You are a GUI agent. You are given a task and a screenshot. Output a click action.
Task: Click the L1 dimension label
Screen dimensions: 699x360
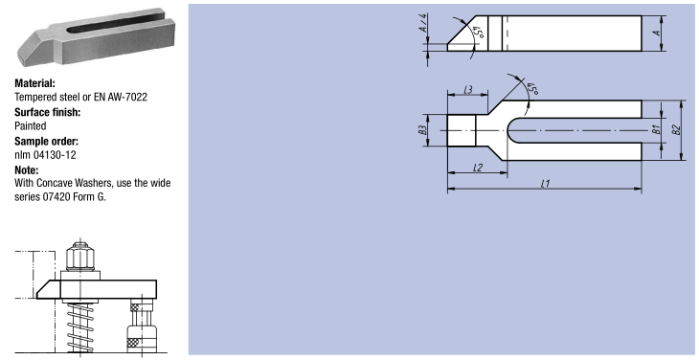click(x=545, y=184)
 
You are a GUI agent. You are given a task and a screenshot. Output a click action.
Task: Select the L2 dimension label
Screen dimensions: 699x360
click(x=478, y=168)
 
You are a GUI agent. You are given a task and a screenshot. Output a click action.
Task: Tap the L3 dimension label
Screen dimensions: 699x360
click(x=468, y=90)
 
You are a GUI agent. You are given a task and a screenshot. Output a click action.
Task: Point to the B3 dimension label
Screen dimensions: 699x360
click(x=423, y=129)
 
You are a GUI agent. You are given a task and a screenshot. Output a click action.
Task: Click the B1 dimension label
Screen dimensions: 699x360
click(x=656, y=129)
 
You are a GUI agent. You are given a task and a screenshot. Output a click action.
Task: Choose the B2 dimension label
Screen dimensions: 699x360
click(x=676, y=129)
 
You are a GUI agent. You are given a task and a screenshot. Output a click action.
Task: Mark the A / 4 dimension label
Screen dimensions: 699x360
click(x=423, y=23)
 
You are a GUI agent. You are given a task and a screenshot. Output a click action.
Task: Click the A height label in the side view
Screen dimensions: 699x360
click(x=656, y=33)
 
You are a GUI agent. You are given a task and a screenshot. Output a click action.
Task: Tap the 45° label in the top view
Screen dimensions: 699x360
click(x=532, y=89)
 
